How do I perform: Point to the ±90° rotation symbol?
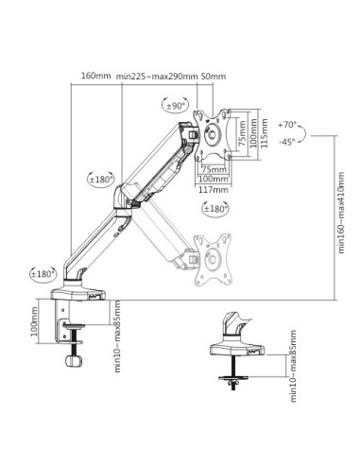tap(176, 106)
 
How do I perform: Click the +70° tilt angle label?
tap(288, 123)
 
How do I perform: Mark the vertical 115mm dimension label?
tap(264, 132)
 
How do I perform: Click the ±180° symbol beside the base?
tap(43, 273)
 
